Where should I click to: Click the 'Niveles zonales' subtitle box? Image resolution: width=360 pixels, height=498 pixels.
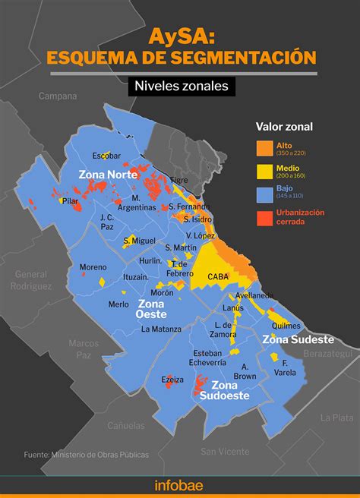tap(180, 87)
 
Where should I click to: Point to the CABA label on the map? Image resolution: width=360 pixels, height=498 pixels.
tap(218, 277)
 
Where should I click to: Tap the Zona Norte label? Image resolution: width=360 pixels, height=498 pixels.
tap(107, 175)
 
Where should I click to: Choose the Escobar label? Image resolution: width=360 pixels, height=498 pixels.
tap(106, 156)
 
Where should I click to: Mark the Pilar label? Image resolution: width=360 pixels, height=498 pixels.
tap(71, 201)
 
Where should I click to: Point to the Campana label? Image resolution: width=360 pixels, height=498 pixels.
tap(58, 96)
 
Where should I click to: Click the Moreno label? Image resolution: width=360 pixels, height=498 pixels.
tap(93, 267)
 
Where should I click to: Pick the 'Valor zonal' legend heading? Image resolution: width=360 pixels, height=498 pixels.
tap(285, 126)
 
